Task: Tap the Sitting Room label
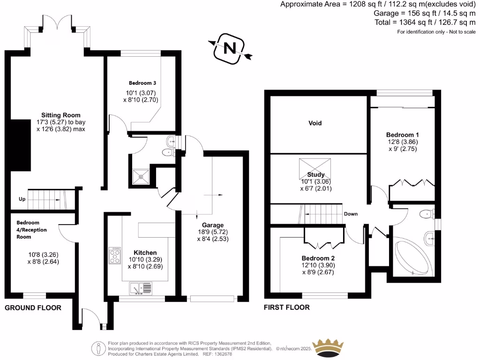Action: [x=60, y=115]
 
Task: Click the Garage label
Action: [x=213, y=225]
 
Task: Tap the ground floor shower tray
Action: [x=141, y=175]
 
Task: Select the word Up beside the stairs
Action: [x=22, y=199]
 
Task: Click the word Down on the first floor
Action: [x=351, y=214]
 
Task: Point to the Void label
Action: [x=315, y=123]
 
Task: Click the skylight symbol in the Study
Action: [x=314, y=166]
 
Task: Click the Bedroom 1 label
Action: [x=403, y=135]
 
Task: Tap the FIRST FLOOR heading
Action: [x=286, y=307]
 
